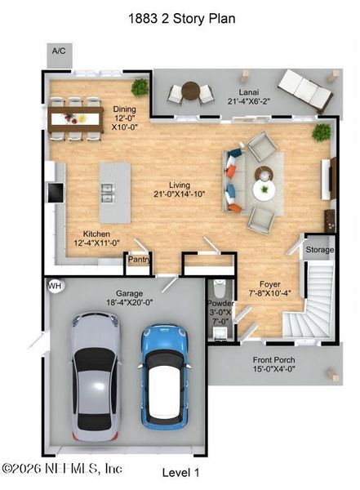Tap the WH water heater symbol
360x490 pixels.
55,286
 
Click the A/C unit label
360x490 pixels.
59,51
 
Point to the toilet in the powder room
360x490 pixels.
219,290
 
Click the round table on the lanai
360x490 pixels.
190,91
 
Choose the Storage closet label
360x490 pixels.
319,250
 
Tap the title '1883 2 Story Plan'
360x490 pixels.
180,16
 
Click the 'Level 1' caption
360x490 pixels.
180,473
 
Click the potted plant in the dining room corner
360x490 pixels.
140,85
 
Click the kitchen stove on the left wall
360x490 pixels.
55,192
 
